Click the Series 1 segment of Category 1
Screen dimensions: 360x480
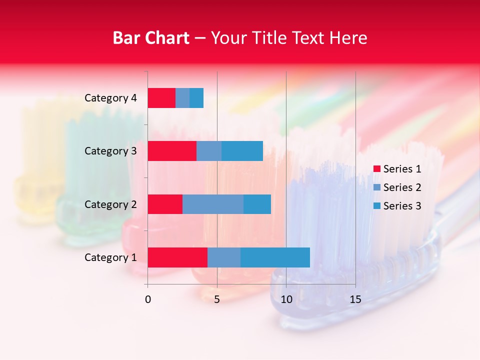pos(177,257)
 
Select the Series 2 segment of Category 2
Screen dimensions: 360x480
pos(213,204)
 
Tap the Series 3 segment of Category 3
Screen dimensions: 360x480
pos(242,151)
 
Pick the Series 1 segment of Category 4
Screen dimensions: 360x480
pos(161,98)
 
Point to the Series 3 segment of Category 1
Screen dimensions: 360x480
pos(275,257)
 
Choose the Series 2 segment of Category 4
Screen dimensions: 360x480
pos(182,98)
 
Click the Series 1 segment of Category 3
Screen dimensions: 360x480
pos(172,151)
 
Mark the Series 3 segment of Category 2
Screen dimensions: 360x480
pos(257,204)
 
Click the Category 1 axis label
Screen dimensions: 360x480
pos(110,257)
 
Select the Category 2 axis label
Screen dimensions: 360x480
pos(110,204)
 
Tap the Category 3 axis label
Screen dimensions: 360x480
pos(110,151)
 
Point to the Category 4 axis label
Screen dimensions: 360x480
pos(110,98)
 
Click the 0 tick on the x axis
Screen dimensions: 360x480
pos(148,299)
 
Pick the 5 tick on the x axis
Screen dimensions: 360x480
pos(217,299)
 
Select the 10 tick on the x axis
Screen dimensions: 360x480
pos(286,299)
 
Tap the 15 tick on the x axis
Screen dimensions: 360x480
pos(355,299)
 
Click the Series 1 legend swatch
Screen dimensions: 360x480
pos(376,169)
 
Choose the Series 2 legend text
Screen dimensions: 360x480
pos(402,187)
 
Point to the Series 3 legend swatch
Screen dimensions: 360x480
pos(376,206)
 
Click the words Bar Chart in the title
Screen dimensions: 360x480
pos(151,38)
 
